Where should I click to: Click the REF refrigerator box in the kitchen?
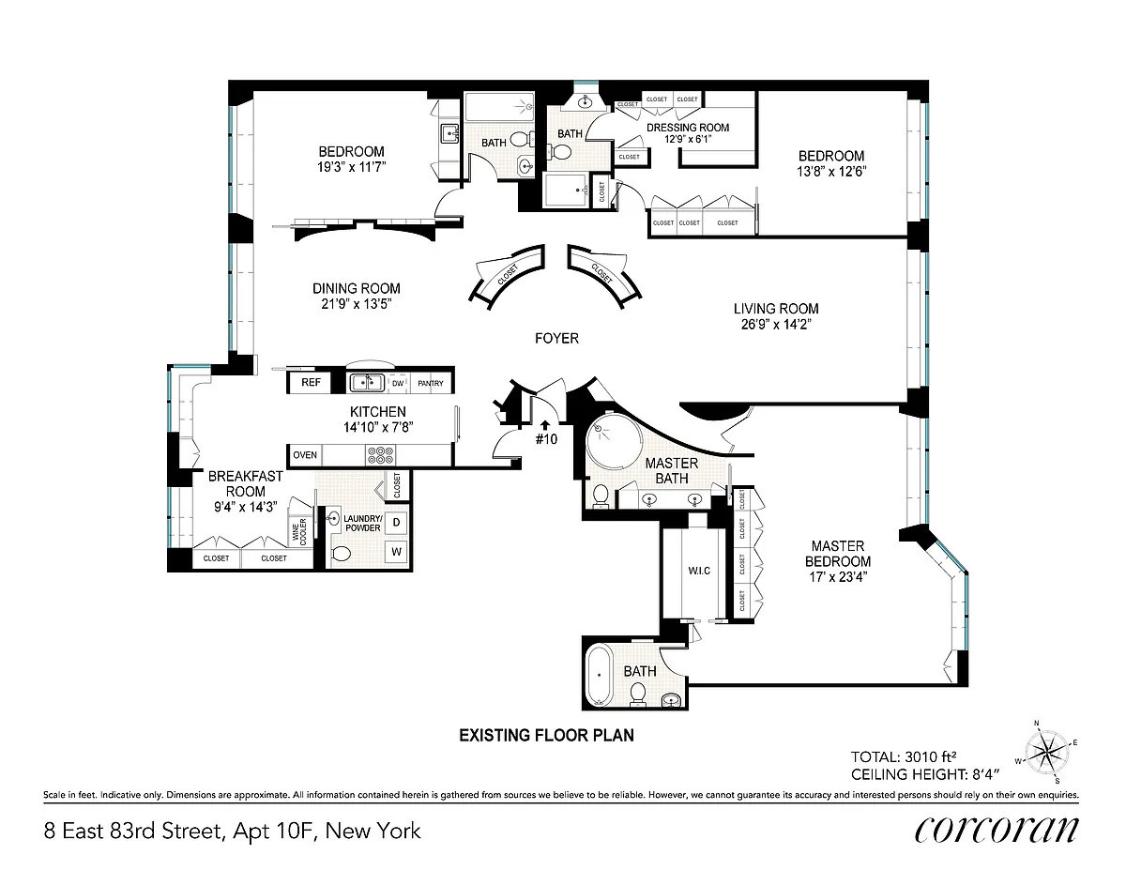pos(311,382)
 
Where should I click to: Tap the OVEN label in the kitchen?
pos(305,455)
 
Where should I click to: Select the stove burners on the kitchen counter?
pos(381,455)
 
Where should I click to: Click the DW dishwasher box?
pos(398,384)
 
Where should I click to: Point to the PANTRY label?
pos(431,384)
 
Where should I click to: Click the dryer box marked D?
pos(396,523)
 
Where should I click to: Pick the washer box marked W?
pos(396,551)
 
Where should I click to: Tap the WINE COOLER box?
pos(300,531)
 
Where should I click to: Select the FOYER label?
pos(556,339)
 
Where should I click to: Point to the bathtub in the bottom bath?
pos(600,675)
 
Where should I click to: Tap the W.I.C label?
pos(699,571)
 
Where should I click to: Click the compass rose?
pos(1045,752)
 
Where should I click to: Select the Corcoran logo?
pos(996,831)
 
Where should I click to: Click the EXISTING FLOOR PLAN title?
pos(546,735)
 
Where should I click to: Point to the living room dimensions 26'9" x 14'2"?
pos(776,325)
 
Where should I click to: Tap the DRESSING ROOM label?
pos(688,128)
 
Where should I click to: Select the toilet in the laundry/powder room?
pos(341,554)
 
